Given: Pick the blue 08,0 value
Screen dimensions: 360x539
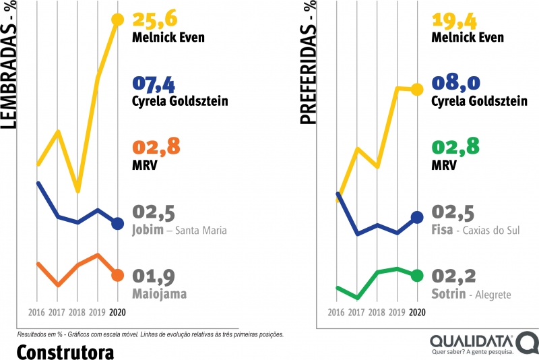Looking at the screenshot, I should click(456, 84).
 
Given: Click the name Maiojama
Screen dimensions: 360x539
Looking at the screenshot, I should click(160, 294).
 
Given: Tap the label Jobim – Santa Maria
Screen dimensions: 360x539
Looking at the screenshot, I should click(179, 231).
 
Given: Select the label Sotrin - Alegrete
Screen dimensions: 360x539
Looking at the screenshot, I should click(471, 295).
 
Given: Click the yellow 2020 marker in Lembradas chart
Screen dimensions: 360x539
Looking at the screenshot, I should click(117, 20).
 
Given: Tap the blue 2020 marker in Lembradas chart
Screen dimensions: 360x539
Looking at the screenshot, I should click(117, 224).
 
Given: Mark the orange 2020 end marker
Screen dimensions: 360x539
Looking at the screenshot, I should click(117, 275).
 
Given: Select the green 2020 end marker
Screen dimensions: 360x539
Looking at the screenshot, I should click(417, 275).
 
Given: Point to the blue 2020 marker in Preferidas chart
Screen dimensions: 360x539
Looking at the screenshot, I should click(417, 217).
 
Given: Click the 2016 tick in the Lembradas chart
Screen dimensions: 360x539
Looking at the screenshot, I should click(37, 312).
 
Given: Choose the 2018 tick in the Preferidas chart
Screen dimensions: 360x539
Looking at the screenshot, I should click(377, 312).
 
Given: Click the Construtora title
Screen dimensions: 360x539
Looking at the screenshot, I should click(65, 352).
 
